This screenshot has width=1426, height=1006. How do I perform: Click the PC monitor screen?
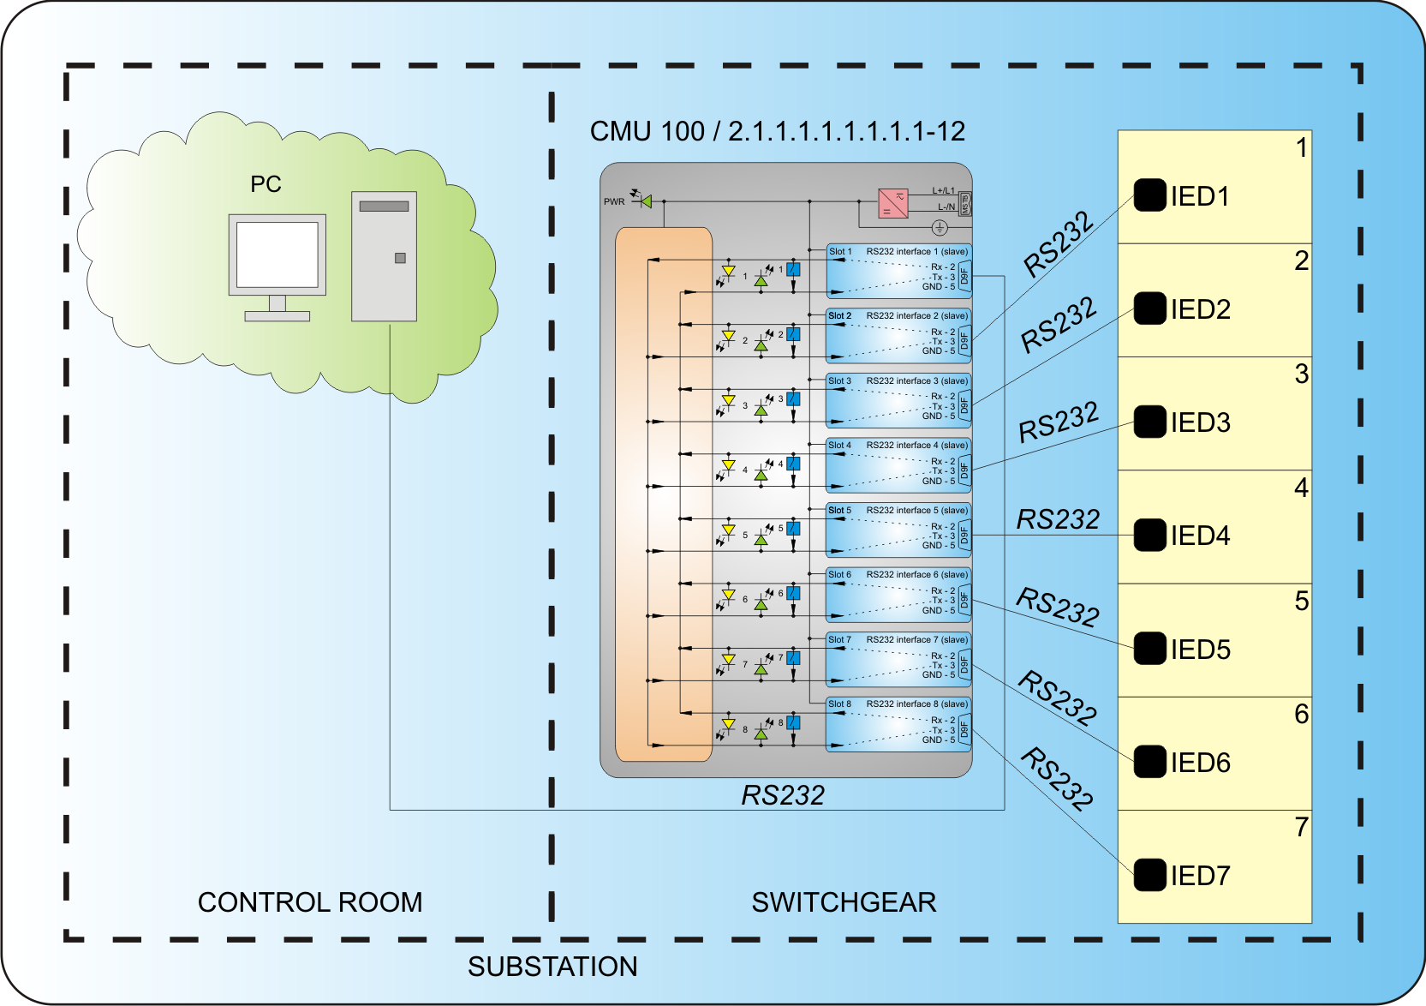tap(277, 254)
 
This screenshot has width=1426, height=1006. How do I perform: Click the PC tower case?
tap(384, 256)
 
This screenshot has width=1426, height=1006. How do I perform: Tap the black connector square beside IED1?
tap(1149, 195)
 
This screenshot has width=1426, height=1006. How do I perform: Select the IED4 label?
tap(1200, 536)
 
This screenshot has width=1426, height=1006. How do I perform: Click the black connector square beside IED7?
tap(1149, 875)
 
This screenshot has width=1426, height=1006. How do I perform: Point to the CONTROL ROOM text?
tap(310, 902)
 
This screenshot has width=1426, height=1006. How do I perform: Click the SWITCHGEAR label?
tap(844, 902)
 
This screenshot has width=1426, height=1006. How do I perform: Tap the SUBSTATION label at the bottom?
tap(552, 967)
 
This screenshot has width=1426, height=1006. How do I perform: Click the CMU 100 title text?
tap(777, 131)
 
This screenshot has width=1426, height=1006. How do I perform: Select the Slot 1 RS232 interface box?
tap(898, 271)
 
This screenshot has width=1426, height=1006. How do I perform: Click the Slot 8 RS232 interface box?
tap(898, 724)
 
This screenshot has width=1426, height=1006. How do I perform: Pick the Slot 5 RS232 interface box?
tap(898, 530)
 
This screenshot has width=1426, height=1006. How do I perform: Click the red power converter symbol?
tap(892, 203)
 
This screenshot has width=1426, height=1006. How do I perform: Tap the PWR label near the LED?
tap(614, 202)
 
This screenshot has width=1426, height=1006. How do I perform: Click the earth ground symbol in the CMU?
tap(940, 227)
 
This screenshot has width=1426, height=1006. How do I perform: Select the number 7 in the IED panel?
tap(1301, 827)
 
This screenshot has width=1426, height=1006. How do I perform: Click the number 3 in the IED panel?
tap(1301, 374)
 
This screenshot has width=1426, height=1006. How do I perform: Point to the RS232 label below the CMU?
tap(783, 795)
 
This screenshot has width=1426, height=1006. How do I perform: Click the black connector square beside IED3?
tap(1149, 422)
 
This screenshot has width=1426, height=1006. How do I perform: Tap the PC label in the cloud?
tap(266, 184)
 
